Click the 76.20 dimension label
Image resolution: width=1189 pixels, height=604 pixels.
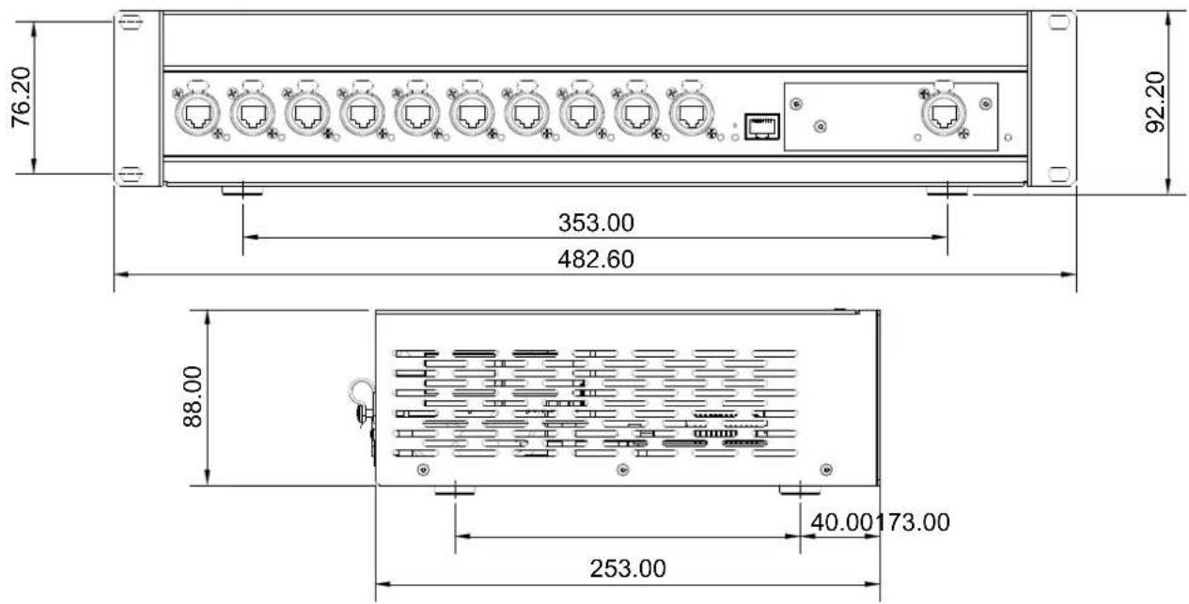pos(22,97)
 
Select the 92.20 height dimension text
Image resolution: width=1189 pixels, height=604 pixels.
pos(1155,101)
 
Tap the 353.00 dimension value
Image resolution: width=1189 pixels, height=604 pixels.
pos(596,223)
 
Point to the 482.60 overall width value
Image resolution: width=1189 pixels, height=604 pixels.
pos(596,259)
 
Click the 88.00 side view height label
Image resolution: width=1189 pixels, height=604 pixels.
pos(193,396)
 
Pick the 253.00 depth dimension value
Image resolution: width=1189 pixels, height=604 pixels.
pos(628,568)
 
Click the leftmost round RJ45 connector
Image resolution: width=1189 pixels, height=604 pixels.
pos(196,115)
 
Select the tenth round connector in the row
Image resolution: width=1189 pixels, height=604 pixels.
pos(691,115)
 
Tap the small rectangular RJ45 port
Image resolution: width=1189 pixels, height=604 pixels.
pos(761,127)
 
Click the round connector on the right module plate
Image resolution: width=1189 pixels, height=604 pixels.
pos(944,115)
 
